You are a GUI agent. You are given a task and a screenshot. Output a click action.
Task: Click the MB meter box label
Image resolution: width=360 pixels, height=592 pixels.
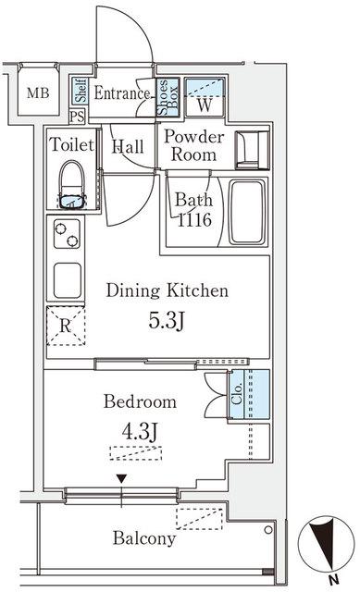[38, 92]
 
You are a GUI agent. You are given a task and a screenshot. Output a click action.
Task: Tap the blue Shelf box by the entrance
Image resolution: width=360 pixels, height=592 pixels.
[81, 91]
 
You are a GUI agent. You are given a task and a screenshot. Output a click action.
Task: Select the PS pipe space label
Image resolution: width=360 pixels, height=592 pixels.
[77, 117]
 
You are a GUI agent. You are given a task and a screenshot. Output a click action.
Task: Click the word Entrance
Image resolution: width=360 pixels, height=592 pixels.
[121, 92]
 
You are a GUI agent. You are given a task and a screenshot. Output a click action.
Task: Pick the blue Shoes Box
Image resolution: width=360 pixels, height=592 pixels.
[168, 97]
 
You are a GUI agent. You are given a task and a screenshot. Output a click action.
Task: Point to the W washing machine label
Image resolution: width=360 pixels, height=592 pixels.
[205, 105]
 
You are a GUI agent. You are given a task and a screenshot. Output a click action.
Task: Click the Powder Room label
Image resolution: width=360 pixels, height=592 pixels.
[193, 145]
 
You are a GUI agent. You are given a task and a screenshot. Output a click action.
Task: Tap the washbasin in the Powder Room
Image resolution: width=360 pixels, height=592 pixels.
[252, 150]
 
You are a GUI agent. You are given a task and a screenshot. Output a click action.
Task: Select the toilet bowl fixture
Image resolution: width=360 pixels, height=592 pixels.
[72, 185]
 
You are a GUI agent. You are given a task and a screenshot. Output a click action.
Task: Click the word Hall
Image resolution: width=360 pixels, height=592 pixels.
[128, 147]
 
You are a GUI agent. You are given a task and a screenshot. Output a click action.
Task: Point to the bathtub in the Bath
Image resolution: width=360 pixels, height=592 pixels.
[247, 212]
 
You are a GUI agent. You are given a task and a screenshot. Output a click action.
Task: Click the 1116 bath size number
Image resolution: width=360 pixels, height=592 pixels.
[194, 220]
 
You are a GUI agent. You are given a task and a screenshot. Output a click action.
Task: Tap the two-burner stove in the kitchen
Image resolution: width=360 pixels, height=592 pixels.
[67, 234]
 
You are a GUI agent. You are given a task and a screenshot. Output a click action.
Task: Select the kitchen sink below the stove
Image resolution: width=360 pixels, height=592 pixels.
[68, 280]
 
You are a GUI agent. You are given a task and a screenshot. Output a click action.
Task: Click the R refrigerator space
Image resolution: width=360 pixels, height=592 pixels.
[66, 326]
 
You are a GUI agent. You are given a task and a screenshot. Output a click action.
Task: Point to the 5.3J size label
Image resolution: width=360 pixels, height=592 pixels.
[167, 321]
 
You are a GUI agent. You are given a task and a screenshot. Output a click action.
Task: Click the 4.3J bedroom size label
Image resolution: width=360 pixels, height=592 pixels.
[140, 432]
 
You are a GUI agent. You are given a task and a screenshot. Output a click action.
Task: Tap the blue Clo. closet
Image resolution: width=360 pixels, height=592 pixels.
[249, 394]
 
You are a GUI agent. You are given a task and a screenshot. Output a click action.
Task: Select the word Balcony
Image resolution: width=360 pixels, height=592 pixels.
[144, 538]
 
